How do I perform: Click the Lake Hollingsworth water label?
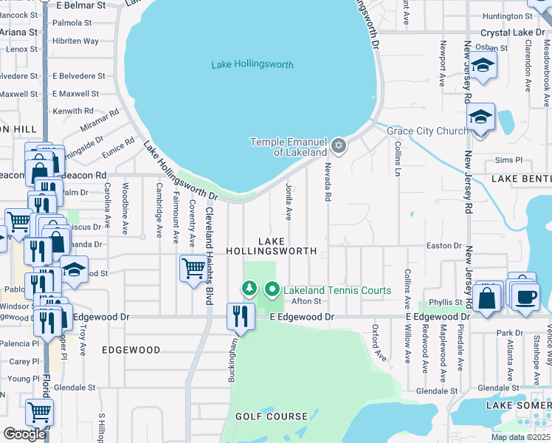pyautogui.click(x=252, y=65)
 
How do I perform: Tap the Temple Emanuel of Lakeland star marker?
pyautogui.click(x=339, y=144)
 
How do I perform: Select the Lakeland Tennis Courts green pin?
pyautogui.click(x=272, y=289)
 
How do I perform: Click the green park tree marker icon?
pyautogui.click(x=249, y=287)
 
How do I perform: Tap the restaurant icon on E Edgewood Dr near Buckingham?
pyautogui.click(x=241, y=317)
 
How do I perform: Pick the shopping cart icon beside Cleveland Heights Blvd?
pyautogui.click(x=193, y=267)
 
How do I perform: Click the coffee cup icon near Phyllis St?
pyautogui.click(x=525, y=297)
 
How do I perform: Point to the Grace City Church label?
pyautogui.click(x=427, y=131)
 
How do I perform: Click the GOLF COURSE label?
pyautogui.click(x=272, y=416)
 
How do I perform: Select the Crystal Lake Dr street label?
pyautogui.click(x=516, y=33)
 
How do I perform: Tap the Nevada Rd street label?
pyautogui.click(x=327, y=182)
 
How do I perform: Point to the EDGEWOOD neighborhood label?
pyautogui.click(x=131, y=349)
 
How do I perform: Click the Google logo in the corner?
pyautogui.click(x=24, y=434)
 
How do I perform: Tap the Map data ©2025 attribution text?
pyautogui.click(x=520, y=437)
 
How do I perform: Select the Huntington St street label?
pyautogui.click(x=507, y=16)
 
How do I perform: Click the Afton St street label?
pyautogui.click(x=307, y=301)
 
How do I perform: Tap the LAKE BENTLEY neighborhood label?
pyautogui.click(x=521, y=179)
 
